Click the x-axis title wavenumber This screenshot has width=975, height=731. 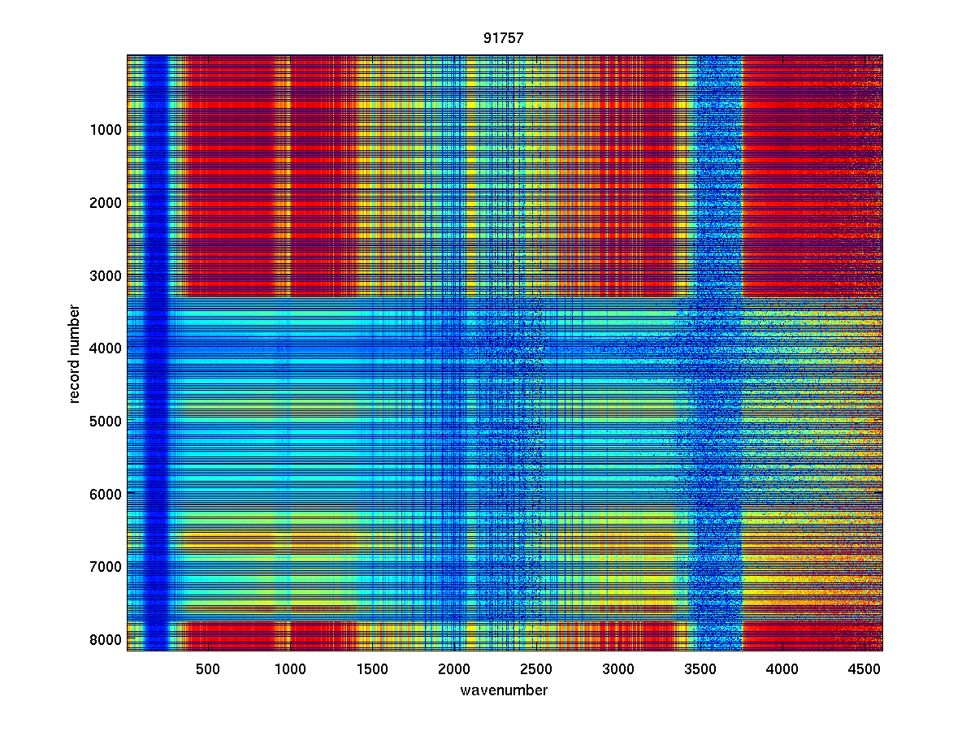[504, 690]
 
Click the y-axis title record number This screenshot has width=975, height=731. [75, 353]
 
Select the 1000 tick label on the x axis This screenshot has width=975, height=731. [290, 669]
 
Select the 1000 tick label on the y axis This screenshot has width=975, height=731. [106, 129]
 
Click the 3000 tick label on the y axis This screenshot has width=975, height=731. [106, 275]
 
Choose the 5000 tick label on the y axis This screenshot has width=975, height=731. [106, 421]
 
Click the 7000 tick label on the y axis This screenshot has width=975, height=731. [106, 566]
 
